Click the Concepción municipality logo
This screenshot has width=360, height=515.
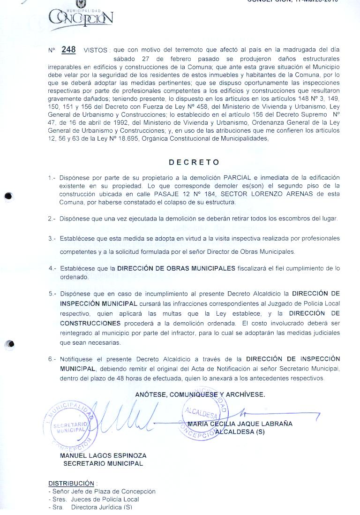(81, 17)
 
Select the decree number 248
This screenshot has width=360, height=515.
(68, 49)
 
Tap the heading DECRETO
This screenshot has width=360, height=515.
(194, 162)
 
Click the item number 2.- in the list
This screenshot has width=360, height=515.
(52, 219)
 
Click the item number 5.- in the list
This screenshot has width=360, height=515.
(52, 294)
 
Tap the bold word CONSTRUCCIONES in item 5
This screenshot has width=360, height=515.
(90, 324)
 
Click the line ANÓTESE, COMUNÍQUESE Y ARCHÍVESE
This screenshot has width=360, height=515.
(200, 394)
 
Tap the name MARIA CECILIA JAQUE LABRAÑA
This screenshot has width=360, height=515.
(240, 424)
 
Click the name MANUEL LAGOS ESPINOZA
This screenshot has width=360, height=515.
(103, 455)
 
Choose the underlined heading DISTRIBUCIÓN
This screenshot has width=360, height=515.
(71, 483)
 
